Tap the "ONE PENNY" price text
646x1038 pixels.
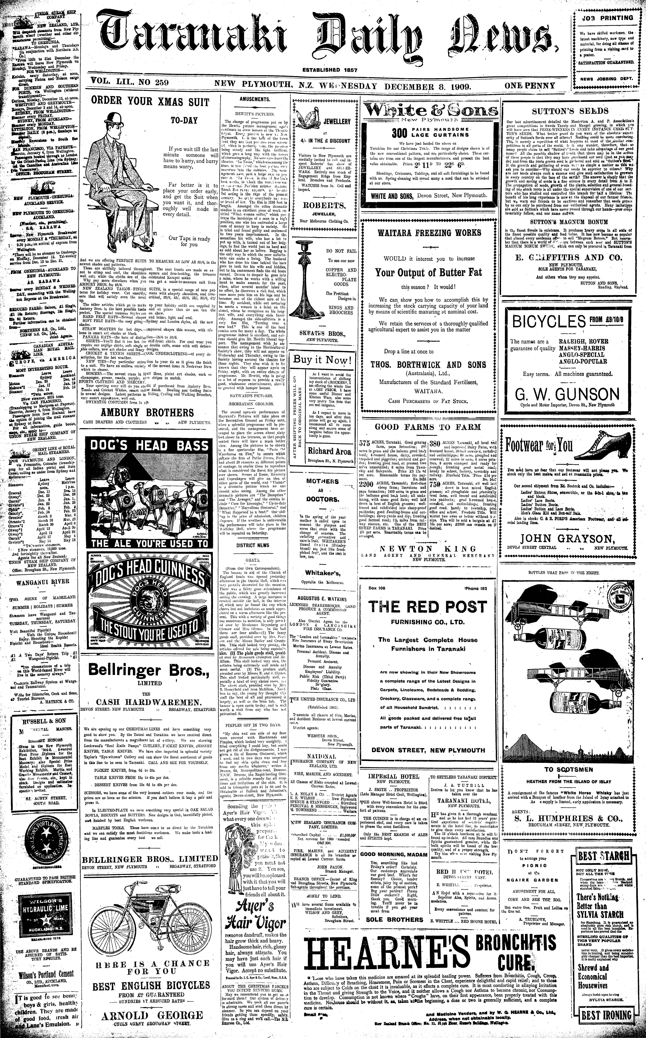tap(530, 86)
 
